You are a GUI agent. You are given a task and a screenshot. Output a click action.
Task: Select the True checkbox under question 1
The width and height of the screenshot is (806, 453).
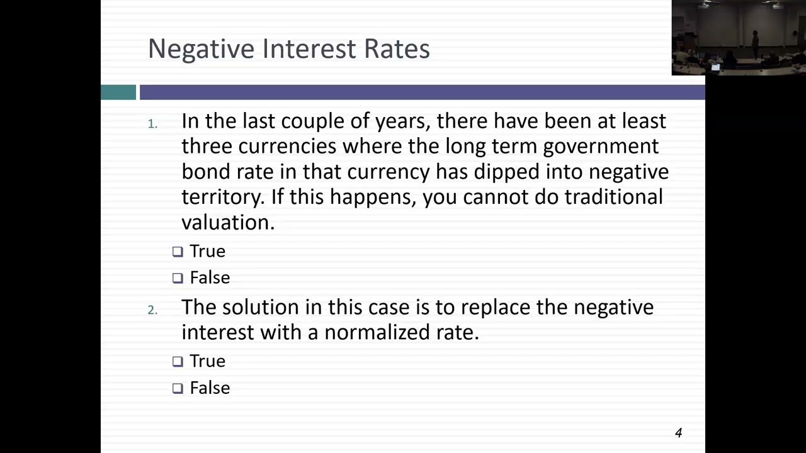pos(178,252)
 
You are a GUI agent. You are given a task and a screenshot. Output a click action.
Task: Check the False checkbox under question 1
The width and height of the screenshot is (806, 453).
pos(178,278)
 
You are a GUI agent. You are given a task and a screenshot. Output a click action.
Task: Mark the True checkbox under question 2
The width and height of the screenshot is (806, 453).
pos(178,361)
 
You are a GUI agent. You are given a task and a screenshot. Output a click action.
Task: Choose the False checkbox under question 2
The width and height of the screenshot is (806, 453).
pos(178,388)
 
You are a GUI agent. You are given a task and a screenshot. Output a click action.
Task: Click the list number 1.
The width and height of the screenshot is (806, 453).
pos(152,124)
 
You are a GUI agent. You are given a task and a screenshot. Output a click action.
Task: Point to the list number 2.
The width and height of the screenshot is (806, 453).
pos(152,310)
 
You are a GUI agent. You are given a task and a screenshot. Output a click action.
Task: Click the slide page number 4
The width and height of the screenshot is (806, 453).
pos(678,433)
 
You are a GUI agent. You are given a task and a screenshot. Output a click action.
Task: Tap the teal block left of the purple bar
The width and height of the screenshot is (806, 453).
pos(118,92)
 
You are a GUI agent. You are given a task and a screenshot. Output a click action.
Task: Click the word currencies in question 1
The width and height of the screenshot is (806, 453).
pos(287,147)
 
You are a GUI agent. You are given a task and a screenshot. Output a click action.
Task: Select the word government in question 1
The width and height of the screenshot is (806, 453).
pos(600,147)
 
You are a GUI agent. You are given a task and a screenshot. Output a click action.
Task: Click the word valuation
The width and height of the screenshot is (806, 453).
pos(227,223)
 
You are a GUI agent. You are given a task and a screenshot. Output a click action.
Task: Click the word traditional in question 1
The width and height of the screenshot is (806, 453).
pos(613,197)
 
